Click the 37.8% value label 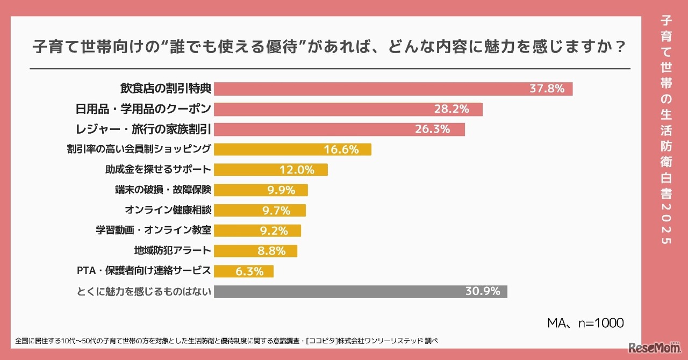click(547, 89)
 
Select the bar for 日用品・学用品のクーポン click(348, 110)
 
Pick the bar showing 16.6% click(292, 150)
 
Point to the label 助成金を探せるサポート click(158, 170)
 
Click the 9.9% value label click(281, 190)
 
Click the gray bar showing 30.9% click(360, 291)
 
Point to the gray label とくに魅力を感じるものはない click(142, 292)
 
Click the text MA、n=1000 click(585, 323)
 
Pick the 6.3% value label click(249, 271)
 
